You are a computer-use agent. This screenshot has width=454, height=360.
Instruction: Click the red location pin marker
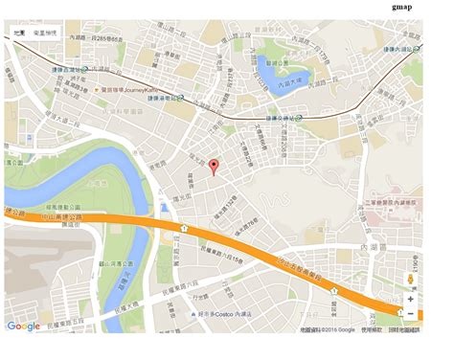214,168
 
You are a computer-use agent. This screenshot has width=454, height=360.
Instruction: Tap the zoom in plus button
410,299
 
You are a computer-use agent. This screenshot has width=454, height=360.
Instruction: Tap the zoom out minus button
410,314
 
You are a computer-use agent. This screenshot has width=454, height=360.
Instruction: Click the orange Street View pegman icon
410,279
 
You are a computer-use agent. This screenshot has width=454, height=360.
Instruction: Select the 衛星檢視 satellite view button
45,33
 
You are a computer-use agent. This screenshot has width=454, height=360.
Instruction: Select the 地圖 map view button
18,33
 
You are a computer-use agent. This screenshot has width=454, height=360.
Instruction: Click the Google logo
23,326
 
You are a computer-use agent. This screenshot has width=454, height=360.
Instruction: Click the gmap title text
402,7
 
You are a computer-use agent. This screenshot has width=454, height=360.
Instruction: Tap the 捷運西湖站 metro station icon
86,69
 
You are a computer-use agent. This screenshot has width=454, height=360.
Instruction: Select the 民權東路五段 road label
72,325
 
